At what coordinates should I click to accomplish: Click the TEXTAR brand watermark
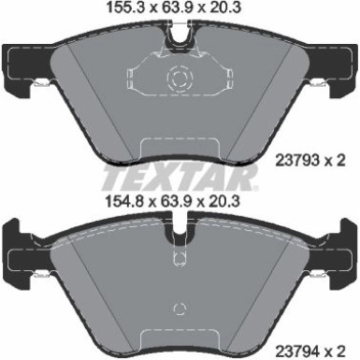pyautogui.click(x=180, y=175)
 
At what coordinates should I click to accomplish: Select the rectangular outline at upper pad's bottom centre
pyautogui.click(x=180, y=151)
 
